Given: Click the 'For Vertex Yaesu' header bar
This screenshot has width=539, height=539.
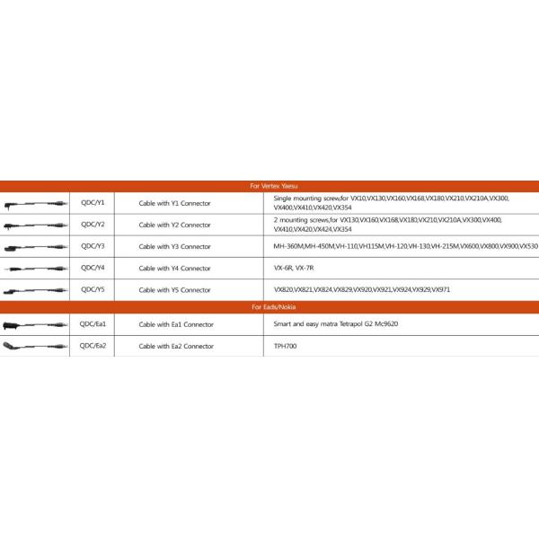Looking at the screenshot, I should click(x=269, y=186).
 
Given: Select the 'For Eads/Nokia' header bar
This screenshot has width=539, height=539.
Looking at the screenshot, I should click(x=269, y=306).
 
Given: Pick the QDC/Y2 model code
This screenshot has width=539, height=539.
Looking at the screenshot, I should click(x=93, y=224).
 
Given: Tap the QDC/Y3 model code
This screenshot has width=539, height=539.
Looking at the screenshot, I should click(x=93, y=245).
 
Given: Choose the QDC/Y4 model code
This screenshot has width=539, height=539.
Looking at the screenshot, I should click(x=93, y=268).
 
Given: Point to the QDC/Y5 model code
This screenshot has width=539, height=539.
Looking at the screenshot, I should click(x=93, y=289).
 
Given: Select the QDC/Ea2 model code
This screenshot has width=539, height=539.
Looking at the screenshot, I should click(x=93, y=345).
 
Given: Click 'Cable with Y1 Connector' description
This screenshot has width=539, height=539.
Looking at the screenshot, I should click(x=174, y=203).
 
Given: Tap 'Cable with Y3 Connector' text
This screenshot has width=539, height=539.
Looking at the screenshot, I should click(x=174, y=246).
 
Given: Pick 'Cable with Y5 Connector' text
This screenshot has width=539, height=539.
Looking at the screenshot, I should click(x=174, y=290).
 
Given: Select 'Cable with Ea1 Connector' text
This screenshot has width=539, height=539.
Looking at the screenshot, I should click(x=176, y=323).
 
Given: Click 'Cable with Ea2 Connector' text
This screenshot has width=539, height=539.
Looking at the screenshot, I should click(x=176, y=346).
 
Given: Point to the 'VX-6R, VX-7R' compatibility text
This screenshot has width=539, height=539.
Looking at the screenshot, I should click(x=294, y=268).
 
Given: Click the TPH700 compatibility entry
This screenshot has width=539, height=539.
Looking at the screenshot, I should click(x=285, y=346).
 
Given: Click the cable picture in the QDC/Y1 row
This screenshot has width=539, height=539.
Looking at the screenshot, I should click(x=35, y=203).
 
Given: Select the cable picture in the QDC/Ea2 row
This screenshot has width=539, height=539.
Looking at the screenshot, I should click(x=35, y=346).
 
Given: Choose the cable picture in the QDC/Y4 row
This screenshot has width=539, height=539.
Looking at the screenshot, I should click(x=35, y=269).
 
